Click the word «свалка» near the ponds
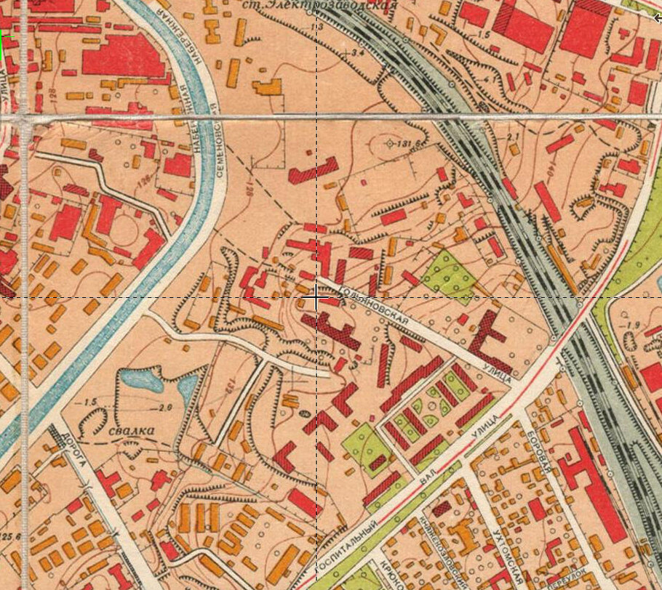(132, 431)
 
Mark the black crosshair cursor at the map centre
(316, 299)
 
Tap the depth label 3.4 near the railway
(356, 53)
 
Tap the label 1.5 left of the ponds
(90, 403)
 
